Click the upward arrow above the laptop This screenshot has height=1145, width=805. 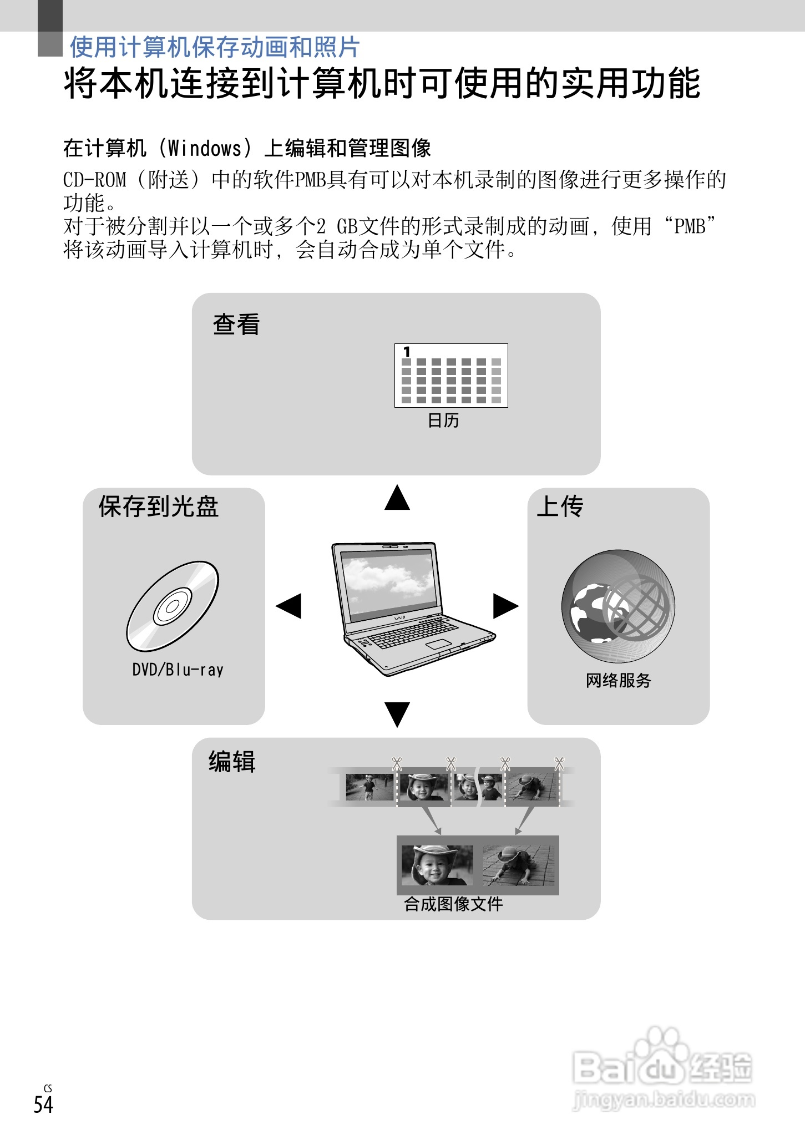pyautogui.click(x=397, y=498)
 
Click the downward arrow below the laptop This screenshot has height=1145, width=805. pyautogui.click(x=397, y=713)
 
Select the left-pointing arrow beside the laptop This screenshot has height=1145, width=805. pyautogui.click(x=288, y=606)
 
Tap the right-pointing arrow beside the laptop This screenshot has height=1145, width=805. pyautogui.click(x=505, y=606)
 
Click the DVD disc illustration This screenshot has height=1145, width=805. pyautogui.click(x=173, y=606)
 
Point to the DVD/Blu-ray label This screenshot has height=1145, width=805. pyautogui.click(x=178, y=670)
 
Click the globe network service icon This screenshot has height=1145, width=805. pyautogui.click(x=618, y=606)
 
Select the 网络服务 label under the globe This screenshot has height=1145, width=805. pyautogui.click(x=618, y=680)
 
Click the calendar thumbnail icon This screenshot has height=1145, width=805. pyautogui.click(x=451, y=376)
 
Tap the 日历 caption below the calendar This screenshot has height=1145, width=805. pyautogui.click(x=443, y=420)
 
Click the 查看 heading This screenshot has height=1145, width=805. pyautogui.click(x=236, y=325)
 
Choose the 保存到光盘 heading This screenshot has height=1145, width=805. pyautogui.click(x=159, y=506)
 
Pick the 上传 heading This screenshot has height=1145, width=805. pyautogui.click(x=560, y=506)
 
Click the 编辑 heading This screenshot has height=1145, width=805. pyautogui.click(x=232, y=762)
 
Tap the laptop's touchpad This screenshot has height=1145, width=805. pyautogui.click(x=438, y=644)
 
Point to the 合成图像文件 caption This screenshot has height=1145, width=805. pyautogui.click(x=453, y=904)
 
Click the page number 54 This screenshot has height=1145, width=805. pyautogui.click(x=43, y=1105)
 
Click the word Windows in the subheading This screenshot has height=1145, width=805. pyautogui.click(x=205, y=148)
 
